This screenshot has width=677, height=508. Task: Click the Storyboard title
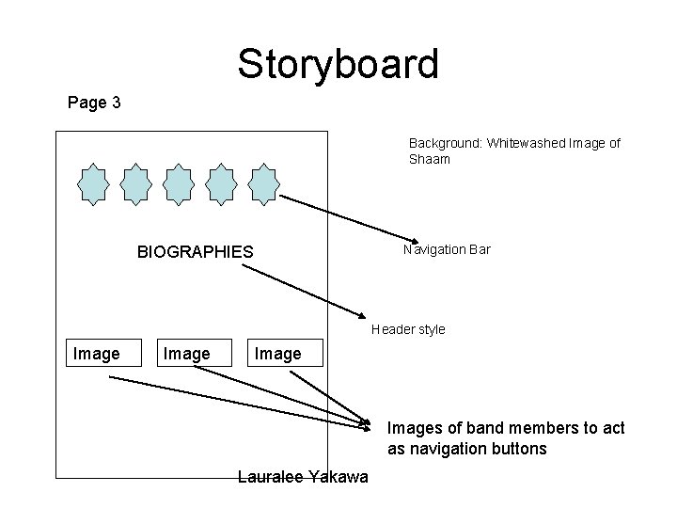click(x=338, y=64)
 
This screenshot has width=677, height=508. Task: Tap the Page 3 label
click(x=94, y=103)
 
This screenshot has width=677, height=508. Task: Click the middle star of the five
click(x=180, y=183)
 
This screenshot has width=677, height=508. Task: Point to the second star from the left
click(x=136, y=183)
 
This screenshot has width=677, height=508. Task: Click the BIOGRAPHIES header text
click(x=196, y=252)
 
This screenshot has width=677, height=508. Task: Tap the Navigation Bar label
click(x=447, y=250)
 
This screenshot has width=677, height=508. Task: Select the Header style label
click(x=408, y=330)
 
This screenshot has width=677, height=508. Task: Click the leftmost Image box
click(x=97, y=354)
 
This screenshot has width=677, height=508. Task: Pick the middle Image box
click(x=187, y=354)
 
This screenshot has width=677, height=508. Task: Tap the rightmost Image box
click(x=278, y=354)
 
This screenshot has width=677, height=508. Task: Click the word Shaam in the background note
click(x=430, y=159)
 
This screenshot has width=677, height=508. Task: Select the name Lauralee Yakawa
click(x=303, y=478)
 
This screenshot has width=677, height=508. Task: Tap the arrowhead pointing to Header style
click(x=361, y=315)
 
